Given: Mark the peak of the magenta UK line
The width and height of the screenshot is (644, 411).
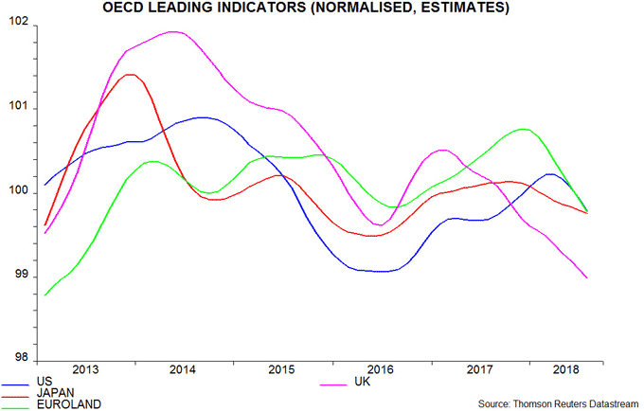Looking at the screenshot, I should point(174,32).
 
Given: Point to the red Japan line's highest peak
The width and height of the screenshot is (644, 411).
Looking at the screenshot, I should point(129,75).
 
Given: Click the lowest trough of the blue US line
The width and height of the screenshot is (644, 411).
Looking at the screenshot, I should point(383,272).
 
